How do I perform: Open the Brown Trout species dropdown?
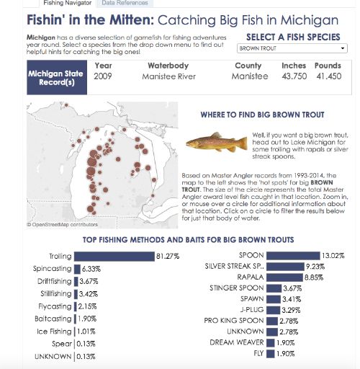click(x=292, y=48)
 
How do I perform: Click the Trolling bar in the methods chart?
click(x=114, y=256)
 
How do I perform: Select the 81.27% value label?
click(x=167, y=256)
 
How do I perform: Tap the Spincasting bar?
click(x=76, y=268)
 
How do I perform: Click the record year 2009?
click(x=103, y=76)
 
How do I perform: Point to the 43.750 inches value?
click(x=294, y=76)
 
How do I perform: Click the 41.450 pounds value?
click(x=328, y=76)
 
